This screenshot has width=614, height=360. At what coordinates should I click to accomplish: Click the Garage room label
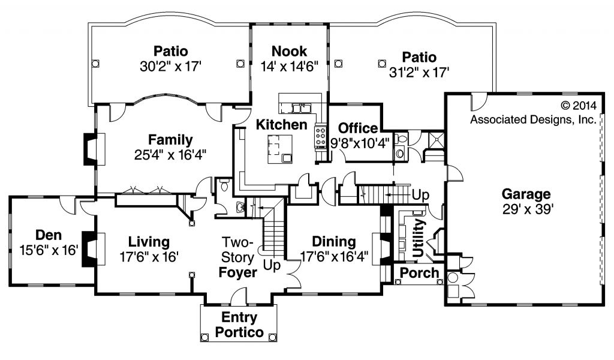526,194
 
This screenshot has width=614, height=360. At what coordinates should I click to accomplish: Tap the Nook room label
290,51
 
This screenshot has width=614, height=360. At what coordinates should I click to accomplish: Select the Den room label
49,235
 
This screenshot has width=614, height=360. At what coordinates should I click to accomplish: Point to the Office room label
358,128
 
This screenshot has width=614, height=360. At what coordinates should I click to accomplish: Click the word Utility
418,238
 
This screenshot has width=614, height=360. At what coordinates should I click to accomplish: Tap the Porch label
419,272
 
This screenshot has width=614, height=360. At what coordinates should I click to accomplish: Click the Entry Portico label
239,325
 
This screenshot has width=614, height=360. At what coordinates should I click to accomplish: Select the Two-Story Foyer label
237,257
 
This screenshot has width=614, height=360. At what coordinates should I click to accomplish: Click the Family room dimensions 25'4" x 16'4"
170,155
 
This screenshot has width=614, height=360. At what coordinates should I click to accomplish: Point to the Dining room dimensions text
334,257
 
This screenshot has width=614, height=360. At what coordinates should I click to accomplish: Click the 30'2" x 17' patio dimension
170,66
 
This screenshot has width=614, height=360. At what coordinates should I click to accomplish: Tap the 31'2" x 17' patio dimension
419,73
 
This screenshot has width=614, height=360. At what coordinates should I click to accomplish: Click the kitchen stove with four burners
321,137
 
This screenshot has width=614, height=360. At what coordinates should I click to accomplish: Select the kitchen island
280,149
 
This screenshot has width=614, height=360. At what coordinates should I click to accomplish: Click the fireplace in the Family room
94,149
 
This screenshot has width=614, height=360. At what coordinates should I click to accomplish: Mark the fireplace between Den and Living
93,249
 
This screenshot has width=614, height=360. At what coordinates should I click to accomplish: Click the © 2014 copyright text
579,106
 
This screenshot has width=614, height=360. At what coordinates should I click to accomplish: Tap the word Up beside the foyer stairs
272,265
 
